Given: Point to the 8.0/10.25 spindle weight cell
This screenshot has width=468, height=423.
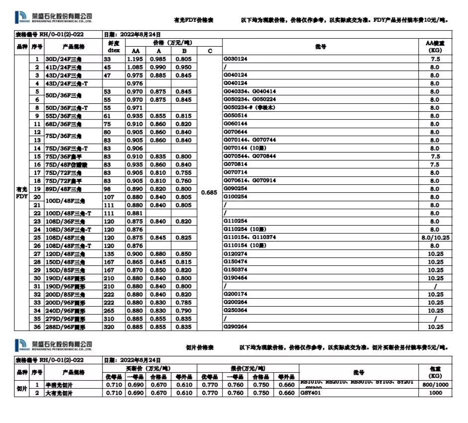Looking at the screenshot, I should tap(435, 238).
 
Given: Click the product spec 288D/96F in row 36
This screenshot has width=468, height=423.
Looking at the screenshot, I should tap(65, 327).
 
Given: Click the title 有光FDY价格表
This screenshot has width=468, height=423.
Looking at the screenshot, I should tap(194, 20).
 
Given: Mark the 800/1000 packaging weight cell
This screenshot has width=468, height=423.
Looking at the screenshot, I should tap(435, 385).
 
